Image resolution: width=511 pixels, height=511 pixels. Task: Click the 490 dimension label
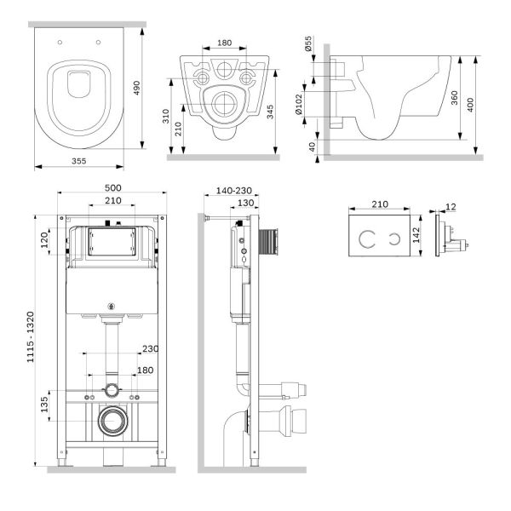(137, 88)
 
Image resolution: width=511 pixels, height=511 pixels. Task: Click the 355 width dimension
(79, 161)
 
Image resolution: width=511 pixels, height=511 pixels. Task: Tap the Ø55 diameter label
(308, 43)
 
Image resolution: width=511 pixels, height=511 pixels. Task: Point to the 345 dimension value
(270, 112)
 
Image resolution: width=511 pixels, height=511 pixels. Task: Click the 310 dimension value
(166, 116)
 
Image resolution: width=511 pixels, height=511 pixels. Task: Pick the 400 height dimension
(470, 105)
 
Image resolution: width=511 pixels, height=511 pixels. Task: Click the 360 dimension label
(454, 98)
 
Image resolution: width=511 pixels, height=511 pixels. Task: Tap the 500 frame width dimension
(112, 188)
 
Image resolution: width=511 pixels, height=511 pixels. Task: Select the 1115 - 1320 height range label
(31, 337)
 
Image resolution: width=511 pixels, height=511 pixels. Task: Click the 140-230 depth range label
(234, 191)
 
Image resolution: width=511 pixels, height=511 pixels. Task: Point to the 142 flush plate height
(416, 235)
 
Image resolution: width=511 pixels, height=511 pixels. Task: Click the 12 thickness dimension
(451, 207)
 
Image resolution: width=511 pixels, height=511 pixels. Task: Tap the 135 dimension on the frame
(44, 404)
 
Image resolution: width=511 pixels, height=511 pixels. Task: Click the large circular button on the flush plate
(367, 238)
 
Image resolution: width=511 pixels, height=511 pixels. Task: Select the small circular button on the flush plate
(394, 238)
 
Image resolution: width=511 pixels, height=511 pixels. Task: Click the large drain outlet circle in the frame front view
(113, 421)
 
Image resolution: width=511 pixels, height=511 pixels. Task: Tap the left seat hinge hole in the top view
(60, 43)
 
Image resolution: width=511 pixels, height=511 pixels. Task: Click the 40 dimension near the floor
(313, 147)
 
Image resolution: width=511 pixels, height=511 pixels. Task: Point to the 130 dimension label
(246, 203)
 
